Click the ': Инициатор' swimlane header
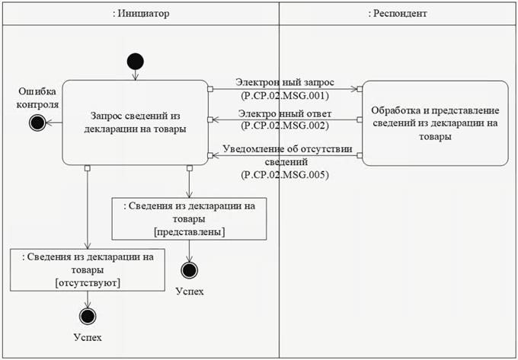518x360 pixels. tap(141, 14)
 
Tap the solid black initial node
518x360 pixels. tap(136, 62)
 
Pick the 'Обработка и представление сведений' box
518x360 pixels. tap(434, 122)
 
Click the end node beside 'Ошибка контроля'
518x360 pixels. tap(35, 122)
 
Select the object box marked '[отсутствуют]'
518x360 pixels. tap(88, 269)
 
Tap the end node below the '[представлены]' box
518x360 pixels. tap(189, 269)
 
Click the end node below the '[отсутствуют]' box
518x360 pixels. tap(88, 317)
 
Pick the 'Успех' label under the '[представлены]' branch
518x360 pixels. tap(189, 292)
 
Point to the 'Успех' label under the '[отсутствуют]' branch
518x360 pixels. tap(88, 337)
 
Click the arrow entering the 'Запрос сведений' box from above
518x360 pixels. tap(136, 75)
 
